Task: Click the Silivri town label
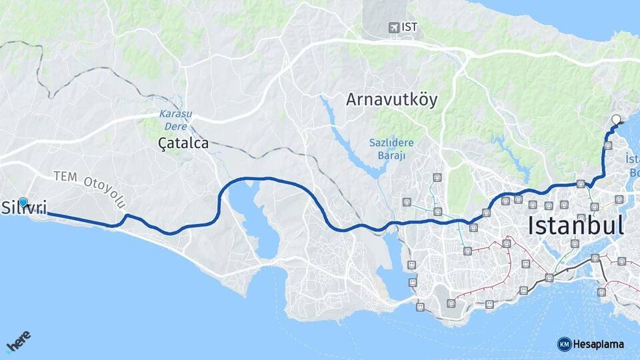(x=24, y=208)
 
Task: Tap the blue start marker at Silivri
(x=23, y=202)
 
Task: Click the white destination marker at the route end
(x=615, y=120)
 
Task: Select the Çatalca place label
(x=183, y=143)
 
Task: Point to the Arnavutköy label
(x=392, y=100)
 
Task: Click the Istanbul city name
(x=575, y=225)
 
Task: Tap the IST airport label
(x=409, y=27)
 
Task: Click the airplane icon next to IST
(x=395, y=27)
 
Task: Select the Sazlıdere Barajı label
(x=392, y=149)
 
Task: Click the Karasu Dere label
(x=175, y=119)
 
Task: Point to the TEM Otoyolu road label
(x=89, y=187)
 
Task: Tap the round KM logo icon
(x=564, y=344)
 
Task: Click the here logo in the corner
(x=18, y=343)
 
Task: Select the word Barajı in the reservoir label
(x=392, y=155)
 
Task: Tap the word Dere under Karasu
(x=175, y=125)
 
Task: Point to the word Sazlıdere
(x=392, y=143)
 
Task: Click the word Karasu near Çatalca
(x=175, y=113)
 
